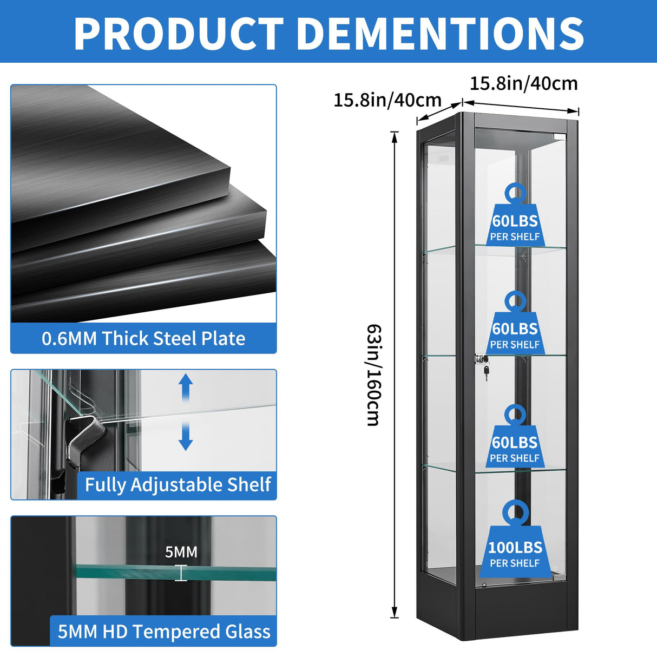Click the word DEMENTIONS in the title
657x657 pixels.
click(442, 34)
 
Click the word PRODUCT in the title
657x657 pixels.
click(179, 34)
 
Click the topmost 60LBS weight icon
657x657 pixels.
click(515, 214)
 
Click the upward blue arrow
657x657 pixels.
click(186, 387)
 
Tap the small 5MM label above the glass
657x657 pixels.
click(181, 552)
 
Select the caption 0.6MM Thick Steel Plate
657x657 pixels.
click(143, 339)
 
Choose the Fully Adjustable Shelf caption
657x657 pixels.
click(178, 485)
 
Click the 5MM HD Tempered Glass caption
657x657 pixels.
click(164, 631)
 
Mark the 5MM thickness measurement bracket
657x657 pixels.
click(181, 573)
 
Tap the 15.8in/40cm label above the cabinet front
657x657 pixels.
click(524, 84)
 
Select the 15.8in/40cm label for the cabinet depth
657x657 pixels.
click(387, 100)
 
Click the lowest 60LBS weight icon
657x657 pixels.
click(515, 436)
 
